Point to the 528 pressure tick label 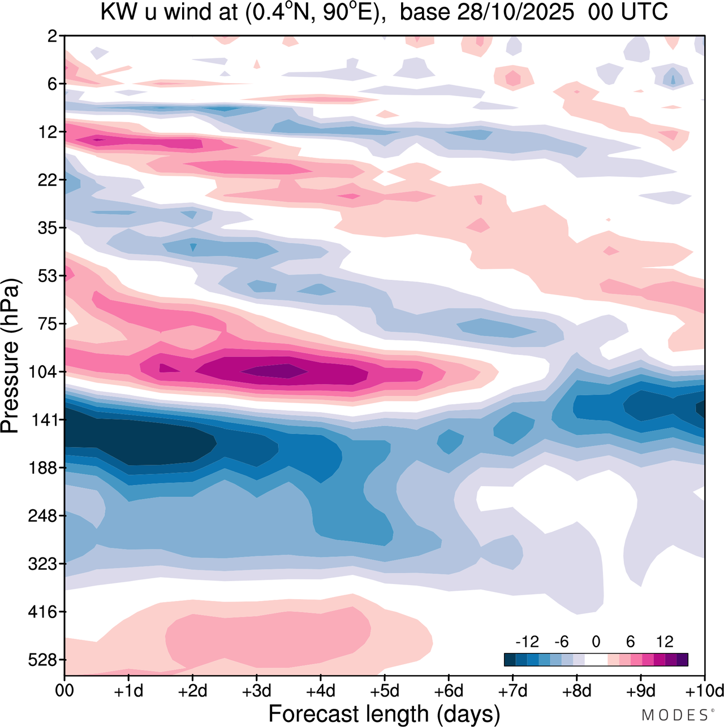click(x=43, y=660)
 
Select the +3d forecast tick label click(x=256, y=691)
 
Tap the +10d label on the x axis click(x=704, y=691)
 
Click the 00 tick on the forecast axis click(x=65, y=691)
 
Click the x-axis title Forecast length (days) click(x=384, y=713)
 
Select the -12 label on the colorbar click(x=527, y=642)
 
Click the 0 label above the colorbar click(x=596, y=642)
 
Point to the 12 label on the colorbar click(x=665, y=642)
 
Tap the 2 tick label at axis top click(x=52, y=36)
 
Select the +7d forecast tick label click(x=512, y=691)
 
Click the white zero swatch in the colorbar click(x=596, y=659)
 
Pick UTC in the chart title click(x=645, y=12)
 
